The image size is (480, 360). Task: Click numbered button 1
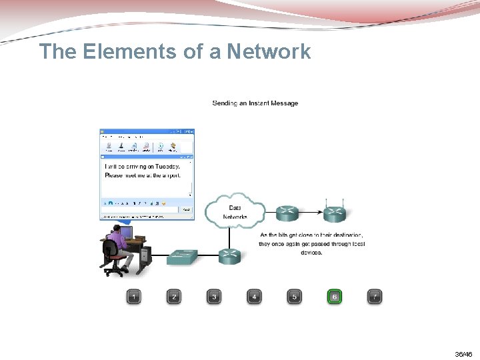point(134,297)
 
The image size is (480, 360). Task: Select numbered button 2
point(174,297)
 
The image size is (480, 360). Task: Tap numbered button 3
point(214,297)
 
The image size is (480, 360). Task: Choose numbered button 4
point(254,297)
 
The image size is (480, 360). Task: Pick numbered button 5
point(294,297)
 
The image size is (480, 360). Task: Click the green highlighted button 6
point(334,297)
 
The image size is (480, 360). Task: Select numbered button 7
point(375,297)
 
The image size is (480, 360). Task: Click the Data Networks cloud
point(235,211)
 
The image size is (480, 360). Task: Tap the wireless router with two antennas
point(334,213)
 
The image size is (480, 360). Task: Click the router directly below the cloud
point(230,254)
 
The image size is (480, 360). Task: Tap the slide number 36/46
point(463,354)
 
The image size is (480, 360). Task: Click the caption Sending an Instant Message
point(255,103)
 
